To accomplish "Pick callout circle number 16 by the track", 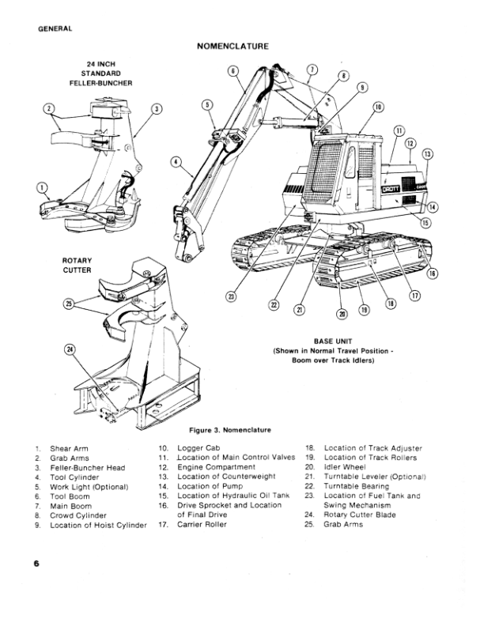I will tap(432, 273).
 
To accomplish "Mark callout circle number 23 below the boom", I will tap(232, 296).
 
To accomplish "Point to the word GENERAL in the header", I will tap(55, 29).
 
